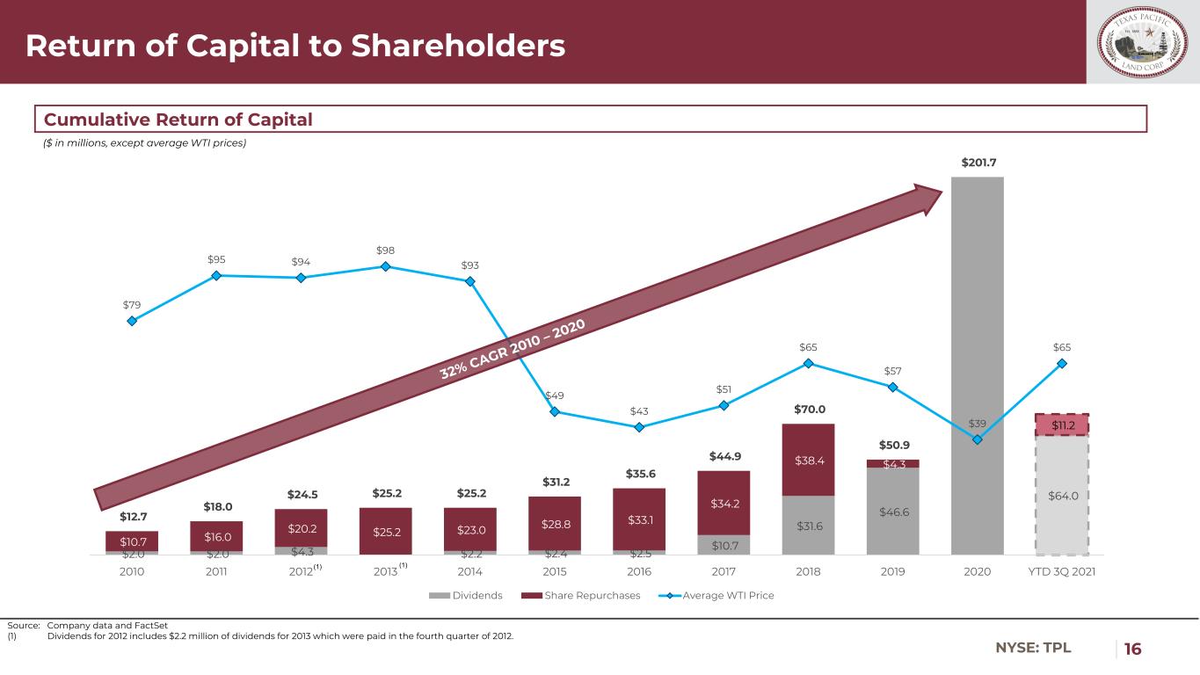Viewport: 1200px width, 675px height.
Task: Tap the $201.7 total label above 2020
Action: point(977,163)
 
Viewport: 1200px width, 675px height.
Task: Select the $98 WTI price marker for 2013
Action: point(385,266)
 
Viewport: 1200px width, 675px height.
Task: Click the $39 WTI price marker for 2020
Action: point(977,439)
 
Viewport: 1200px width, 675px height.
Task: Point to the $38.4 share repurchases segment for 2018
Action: point(808,460)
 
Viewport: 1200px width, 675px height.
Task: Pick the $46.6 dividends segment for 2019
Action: point(892,511)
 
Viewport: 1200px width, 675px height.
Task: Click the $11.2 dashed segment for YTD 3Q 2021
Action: point(1061,425)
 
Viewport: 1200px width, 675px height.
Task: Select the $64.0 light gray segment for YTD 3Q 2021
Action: point(1061,495)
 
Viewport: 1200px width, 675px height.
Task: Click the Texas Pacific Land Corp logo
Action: point(1143,42)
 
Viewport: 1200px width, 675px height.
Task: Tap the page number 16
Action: point(1133,649)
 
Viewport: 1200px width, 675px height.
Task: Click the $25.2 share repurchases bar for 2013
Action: point(385,531)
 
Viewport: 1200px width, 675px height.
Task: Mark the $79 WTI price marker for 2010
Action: point(132,321)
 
